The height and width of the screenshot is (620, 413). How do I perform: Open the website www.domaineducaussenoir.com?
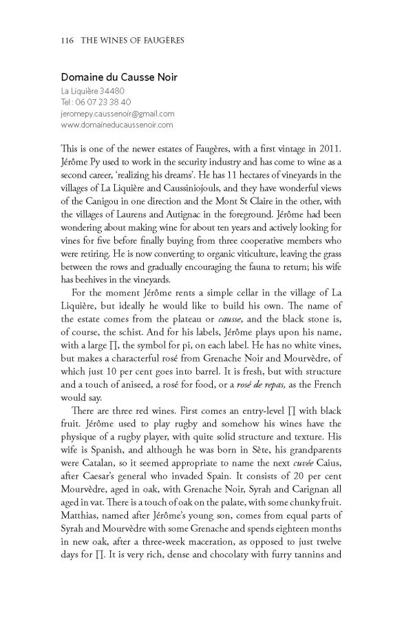coord(116,125)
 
